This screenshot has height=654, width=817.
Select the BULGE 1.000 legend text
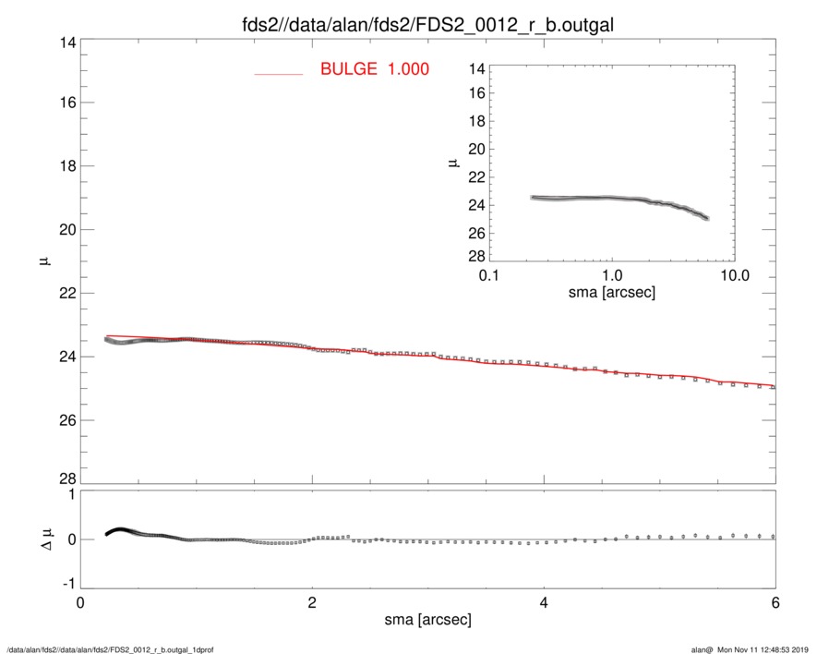coord(374,69)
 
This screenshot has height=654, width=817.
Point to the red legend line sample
coord(279,72)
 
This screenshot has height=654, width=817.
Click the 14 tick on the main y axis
coord(65,42)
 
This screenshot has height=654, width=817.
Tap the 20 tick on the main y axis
coord(65,230)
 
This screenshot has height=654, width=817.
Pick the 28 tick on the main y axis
coord(65,478)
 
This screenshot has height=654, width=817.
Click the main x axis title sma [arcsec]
coord(427,620)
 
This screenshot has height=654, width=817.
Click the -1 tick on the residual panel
coord(66,585)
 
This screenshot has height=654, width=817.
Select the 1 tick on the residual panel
coord(70,495)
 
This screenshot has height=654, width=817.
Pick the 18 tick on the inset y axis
coord(476,122)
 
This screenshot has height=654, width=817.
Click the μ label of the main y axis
coord(43,262)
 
